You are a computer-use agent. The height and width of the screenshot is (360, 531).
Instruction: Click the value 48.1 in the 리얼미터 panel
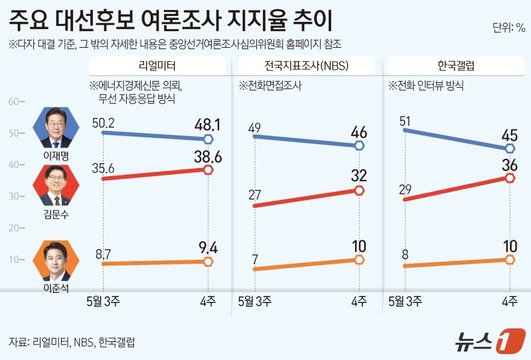coord(207,124)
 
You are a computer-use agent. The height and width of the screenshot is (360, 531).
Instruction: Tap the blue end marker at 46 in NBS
coord(359,145)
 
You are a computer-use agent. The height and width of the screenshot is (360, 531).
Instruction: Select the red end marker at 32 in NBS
coord(359,191)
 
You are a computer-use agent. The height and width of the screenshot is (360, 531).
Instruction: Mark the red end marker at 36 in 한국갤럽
coord(510,177)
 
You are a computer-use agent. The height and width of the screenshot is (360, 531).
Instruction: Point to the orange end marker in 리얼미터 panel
coord(208,262)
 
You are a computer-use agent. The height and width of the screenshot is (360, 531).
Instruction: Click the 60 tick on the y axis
coord(13,102)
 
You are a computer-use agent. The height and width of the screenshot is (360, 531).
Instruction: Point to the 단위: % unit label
coord(508,28)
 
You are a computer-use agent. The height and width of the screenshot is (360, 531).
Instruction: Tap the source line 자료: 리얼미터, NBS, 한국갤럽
coord(72,342)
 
